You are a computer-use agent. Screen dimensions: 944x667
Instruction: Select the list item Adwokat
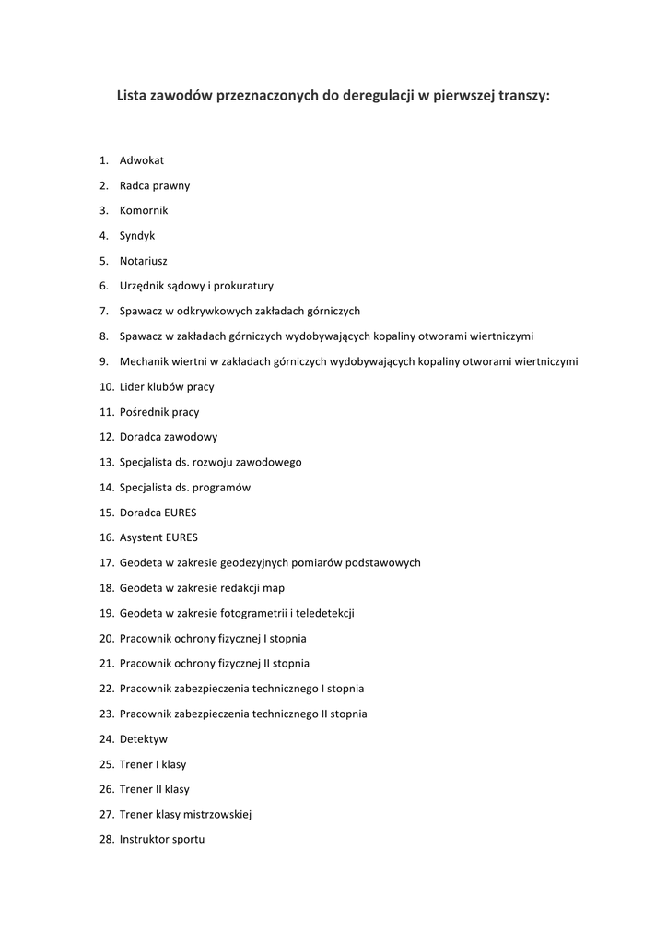click(x=142, y=160)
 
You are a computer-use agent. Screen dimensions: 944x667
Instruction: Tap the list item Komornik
click(x=144, y=210)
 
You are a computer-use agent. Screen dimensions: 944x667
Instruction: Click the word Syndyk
click(x=137, y=236)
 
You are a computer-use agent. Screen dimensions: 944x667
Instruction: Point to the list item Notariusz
click(x=144, y=261)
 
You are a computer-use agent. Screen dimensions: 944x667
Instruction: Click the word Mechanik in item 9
click(x=145, y=361)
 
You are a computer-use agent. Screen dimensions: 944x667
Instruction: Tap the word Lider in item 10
click(x=132, y=387)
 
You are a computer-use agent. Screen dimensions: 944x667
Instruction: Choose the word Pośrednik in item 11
click(x=145, y=412)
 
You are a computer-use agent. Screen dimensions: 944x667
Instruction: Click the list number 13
click(x=106, y=462)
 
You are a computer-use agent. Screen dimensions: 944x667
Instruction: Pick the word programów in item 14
click(x=223, y=487)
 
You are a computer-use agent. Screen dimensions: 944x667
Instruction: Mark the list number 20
click(x=106, y=638)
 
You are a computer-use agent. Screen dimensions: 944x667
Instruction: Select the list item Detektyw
click(x=144, y=738)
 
